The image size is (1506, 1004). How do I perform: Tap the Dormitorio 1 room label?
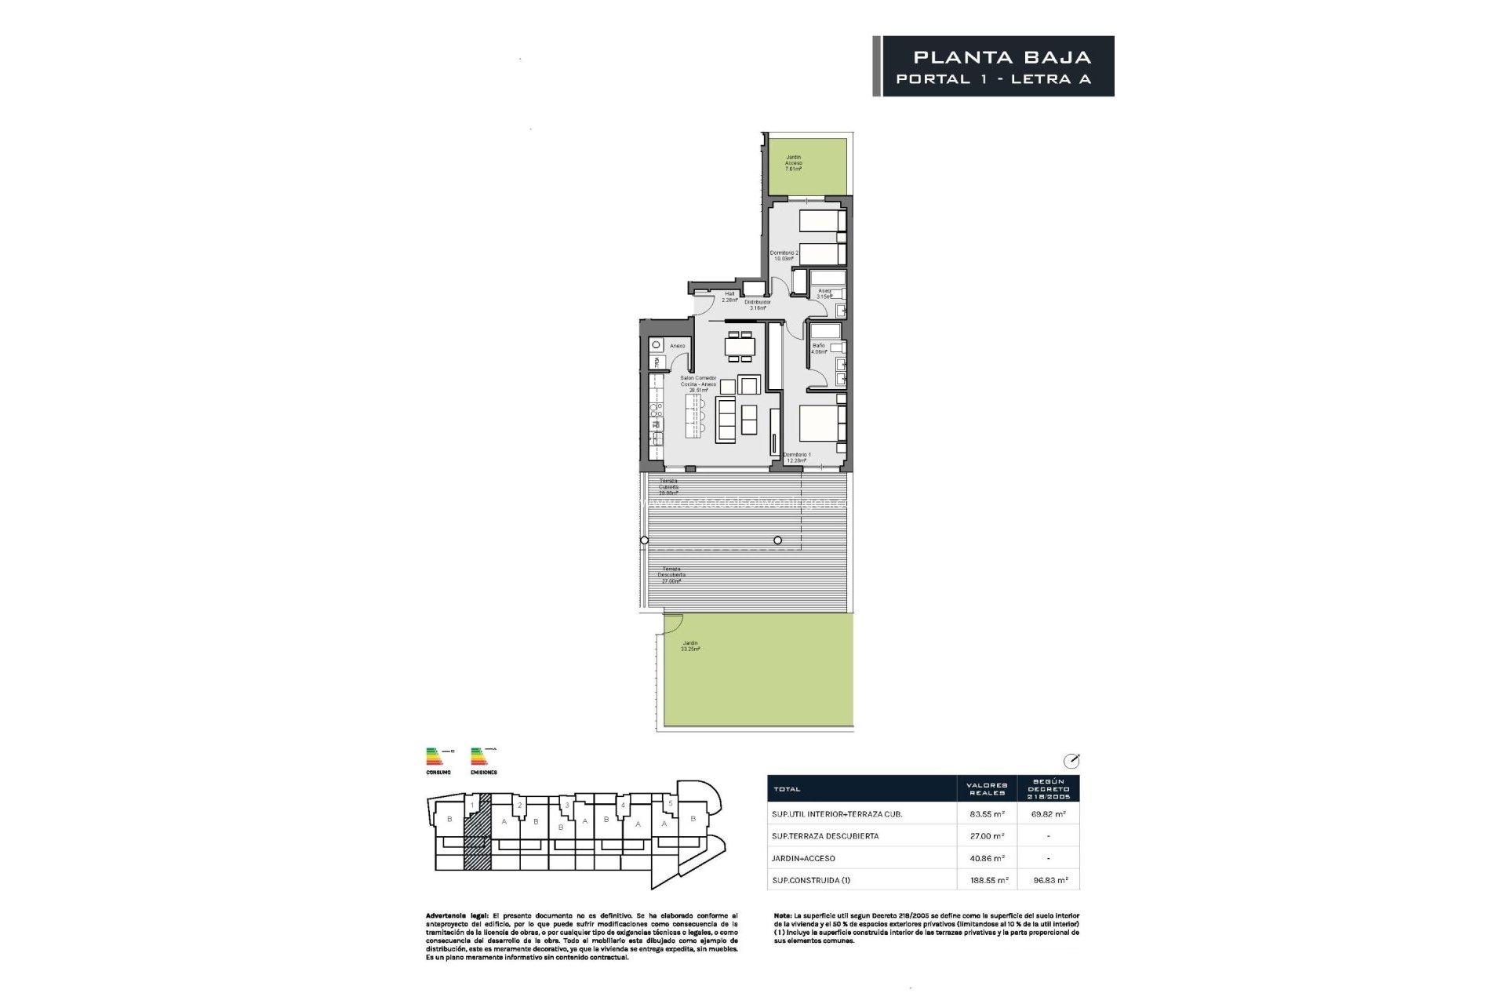798,457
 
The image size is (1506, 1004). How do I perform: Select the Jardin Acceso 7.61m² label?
794,162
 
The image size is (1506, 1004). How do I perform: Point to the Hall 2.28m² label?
729,296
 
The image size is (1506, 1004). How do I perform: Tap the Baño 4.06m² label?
819,349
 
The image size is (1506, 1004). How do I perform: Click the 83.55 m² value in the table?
988,814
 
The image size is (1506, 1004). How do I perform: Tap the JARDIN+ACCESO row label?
803,858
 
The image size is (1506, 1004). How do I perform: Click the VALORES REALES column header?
987,788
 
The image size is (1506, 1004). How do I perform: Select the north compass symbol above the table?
1071,761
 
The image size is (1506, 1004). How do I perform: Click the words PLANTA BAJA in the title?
1002,57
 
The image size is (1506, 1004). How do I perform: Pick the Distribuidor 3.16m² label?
757,305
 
